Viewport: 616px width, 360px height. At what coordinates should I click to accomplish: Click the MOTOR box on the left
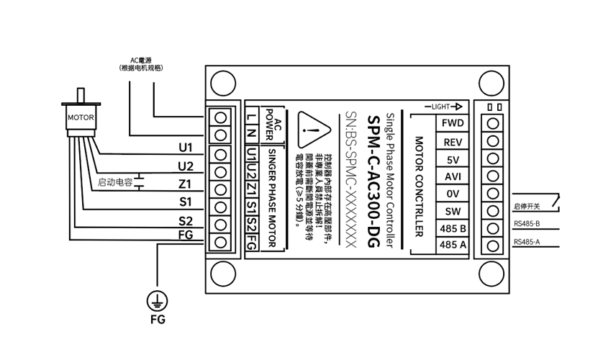click(81, 116)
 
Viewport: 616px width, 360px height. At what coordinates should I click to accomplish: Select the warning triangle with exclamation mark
click(310, 131)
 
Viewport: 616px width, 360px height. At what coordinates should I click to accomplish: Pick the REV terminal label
click(453, 142)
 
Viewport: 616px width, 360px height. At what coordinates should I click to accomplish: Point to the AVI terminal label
click(453, 176)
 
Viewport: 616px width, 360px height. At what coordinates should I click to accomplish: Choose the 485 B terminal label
click(453, 228)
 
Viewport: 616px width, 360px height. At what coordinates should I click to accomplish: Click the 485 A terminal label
click(453, 246)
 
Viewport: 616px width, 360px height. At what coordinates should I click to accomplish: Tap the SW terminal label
click(453, 211)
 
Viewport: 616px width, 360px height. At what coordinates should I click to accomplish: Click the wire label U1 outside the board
click(186, 148)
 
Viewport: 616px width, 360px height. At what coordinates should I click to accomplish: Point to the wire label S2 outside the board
click(186, 221)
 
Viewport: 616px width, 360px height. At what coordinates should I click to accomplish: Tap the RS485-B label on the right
click(527, 224)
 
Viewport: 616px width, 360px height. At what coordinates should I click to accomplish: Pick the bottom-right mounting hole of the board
click(492, 276)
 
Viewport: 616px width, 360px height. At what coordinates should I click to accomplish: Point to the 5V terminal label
click(453, 159)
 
